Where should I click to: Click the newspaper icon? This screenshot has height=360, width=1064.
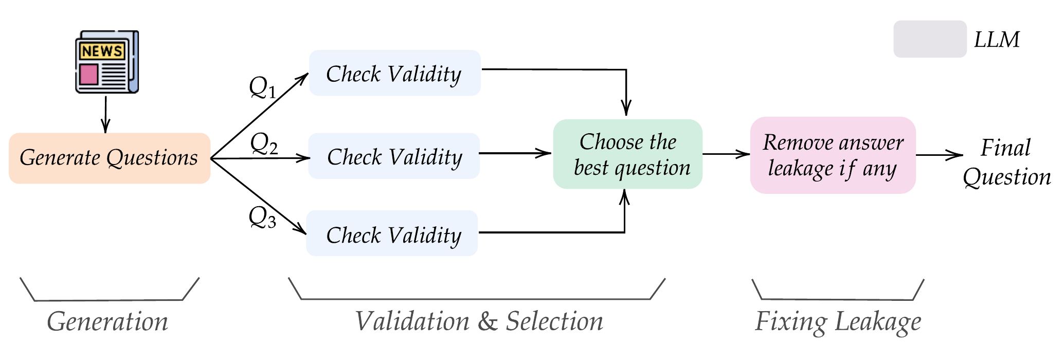107,62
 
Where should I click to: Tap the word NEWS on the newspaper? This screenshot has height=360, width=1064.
102,51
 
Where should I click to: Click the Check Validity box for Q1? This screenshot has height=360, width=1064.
394,73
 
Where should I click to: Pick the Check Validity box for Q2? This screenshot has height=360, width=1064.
394,156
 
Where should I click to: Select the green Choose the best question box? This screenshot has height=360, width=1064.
628,154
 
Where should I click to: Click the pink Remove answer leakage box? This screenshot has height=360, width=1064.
833,155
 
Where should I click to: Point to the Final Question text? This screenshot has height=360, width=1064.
1006,163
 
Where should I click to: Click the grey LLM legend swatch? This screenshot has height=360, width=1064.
930,39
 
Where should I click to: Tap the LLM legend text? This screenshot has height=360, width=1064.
997,40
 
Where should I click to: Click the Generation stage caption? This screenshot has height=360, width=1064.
107,322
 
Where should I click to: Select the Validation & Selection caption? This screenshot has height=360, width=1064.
479,322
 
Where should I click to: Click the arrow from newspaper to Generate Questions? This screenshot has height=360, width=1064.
105,114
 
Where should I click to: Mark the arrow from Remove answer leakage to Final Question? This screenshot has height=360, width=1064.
939,155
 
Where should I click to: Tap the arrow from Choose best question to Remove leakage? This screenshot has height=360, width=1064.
726,154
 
